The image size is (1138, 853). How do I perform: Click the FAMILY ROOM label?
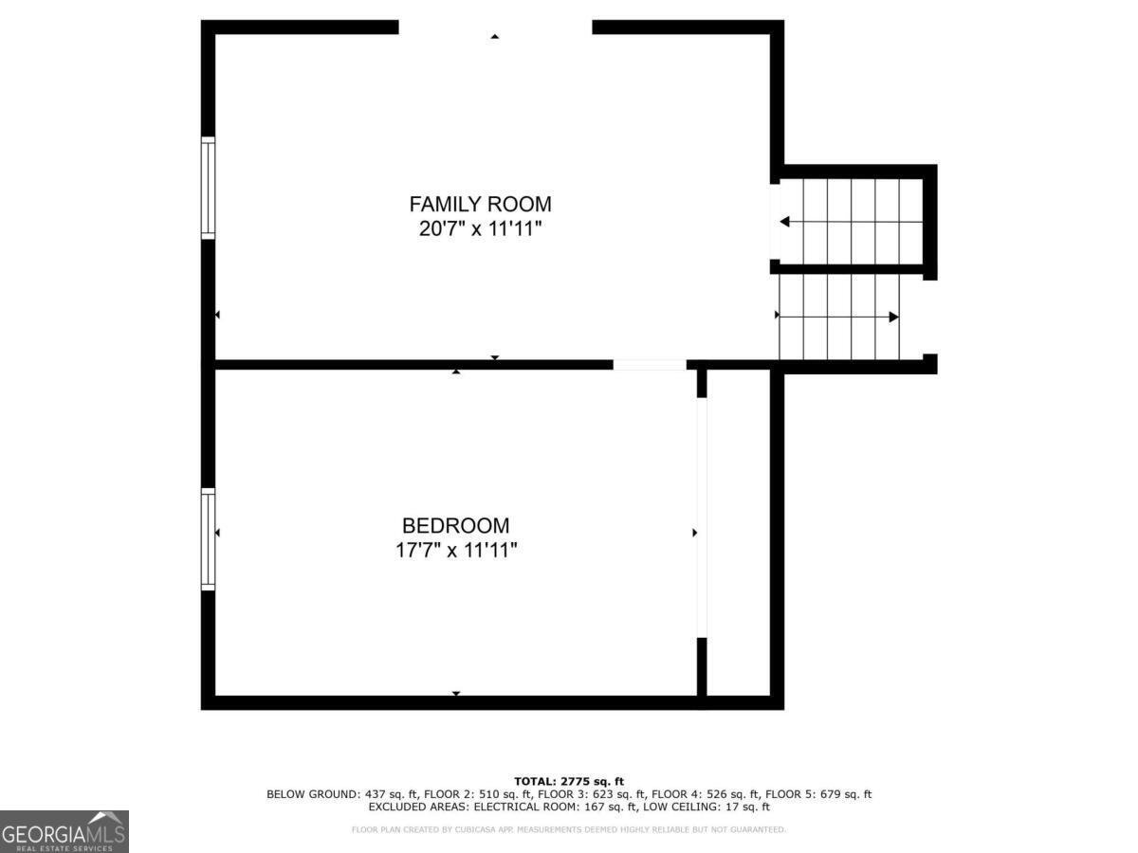click(x=480, y=204)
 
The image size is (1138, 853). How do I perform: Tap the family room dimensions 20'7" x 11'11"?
click(x=480, y=229)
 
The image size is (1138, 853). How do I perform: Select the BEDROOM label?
click(x=455, y=525)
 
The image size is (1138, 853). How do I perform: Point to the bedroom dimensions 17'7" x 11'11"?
click(x=455, y=551)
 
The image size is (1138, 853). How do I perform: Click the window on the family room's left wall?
click(x=208, y=187)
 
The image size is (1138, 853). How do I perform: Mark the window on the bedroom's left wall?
click(x=208, y=538)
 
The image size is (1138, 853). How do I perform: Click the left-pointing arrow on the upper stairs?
click(x=785, y=222)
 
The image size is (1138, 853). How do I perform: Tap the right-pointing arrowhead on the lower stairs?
click(x=892, y=317)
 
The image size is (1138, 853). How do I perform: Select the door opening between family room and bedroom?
click(x=649, y=364)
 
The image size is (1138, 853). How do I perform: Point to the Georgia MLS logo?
click(x=64, y=831)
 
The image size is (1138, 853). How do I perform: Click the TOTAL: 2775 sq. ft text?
click(x=569, y=780)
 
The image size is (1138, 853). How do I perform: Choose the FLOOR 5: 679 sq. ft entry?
click(x=818, y=794)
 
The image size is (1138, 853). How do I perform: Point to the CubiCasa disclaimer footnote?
click(x=569, y=829)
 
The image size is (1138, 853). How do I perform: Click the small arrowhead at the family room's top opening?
click(x=494, y=37)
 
